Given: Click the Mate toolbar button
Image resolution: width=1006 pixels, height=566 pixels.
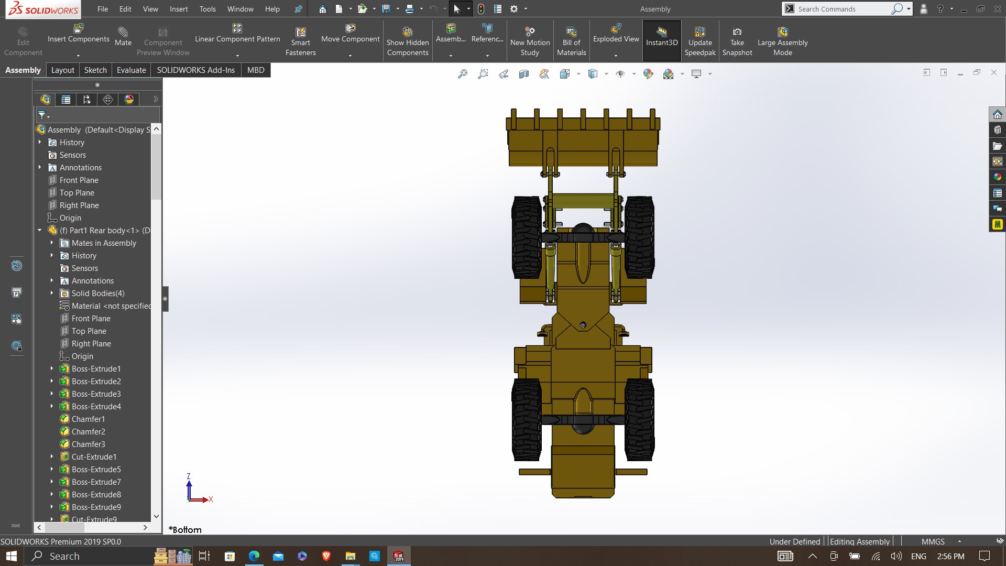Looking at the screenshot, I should pyautogui.click(x=123, y=37).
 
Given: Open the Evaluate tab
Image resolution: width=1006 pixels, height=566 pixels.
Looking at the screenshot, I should pyautogui.click(x=131, y=70).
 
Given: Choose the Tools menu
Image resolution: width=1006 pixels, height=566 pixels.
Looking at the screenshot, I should pyautogui.click(x=207, y=9).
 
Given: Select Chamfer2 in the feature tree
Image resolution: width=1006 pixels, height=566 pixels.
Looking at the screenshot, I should pyautogui.click(x=88, y=432).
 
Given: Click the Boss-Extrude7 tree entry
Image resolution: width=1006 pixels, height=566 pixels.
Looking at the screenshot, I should pyautogui.click(x=96, y=482).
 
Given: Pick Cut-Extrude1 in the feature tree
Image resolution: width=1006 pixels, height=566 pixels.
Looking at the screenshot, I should pyautogui.click(x=94, y=457).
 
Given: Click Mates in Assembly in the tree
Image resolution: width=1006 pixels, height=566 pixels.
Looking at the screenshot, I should pyautogui.click(x=104, y=243).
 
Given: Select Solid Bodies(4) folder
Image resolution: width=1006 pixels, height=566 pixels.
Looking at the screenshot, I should pyautogui.click(x=98, y=293).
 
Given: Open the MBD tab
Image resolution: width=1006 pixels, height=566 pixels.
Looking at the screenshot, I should pyautogui.click(x=256, y=70).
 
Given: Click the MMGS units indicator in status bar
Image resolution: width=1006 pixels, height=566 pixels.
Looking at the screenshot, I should pyautogui.click(x=933, y=541).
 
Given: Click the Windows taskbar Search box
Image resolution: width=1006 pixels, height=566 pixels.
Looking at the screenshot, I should pyautogui.click(x=64, y=556).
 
